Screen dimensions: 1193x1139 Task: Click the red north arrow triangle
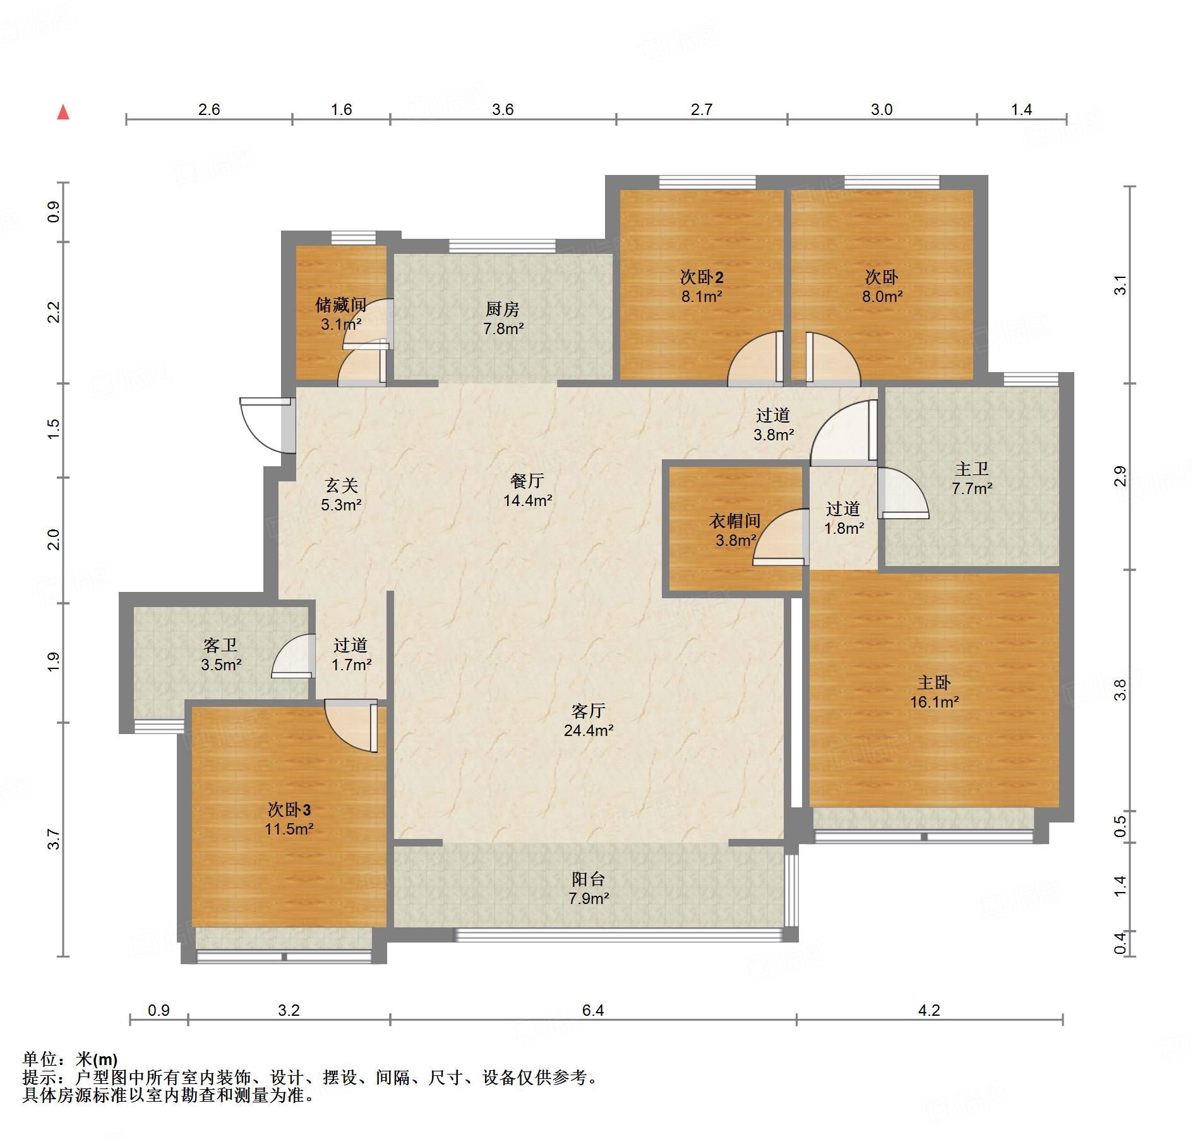pos(63,112)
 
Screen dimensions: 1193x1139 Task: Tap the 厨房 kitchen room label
pos(503,309)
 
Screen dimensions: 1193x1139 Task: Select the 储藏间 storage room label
pos(341,305)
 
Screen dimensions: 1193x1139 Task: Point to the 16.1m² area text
pos(934,702)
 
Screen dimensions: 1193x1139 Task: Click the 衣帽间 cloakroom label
pos(734,521)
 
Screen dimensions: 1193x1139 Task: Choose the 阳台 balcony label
pos(589,879)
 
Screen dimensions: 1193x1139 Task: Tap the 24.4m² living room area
pos(589,731)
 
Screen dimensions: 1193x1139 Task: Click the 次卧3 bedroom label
pos(289,809)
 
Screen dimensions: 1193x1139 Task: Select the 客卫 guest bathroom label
pos(220,645)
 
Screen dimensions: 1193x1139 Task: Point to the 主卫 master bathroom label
pos(972,469)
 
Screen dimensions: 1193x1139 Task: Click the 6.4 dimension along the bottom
pos(593,1010)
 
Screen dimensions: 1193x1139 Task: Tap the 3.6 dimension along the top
pos(503,109)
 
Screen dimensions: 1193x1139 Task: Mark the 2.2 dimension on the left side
pos(54,312)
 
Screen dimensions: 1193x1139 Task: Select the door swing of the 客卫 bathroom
pos(293,656)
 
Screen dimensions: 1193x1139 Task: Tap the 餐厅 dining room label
pos(527,481)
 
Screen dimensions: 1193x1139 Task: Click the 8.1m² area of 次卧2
pos(702,296)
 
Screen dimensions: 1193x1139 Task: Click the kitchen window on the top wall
pos(503,246)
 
